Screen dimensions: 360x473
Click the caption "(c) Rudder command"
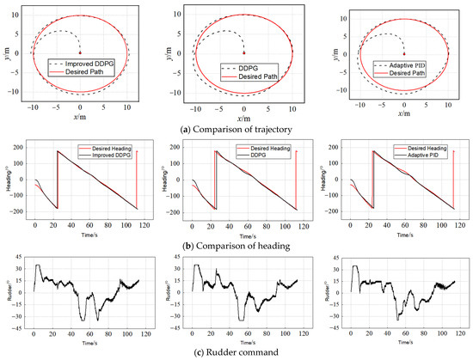(236, 353)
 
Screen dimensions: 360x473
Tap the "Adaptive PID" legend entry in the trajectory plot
(405, 65)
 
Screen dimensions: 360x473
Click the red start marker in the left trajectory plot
(79, 53)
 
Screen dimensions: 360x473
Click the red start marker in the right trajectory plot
(404, 53)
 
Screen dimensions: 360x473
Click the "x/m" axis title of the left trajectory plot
(80, 116)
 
